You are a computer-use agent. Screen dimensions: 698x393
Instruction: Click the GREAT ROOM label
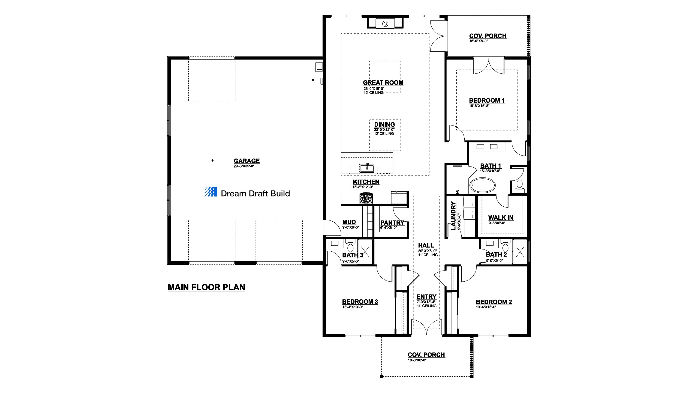pyautogui.click(x=383, y=82)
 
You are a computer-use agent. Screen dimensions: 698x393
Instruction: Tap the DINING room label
pyautogui.click(x=384, y=124)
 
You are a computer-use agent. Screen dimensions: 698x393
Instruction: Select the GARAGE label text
pyautogui.click(x=246, y=161)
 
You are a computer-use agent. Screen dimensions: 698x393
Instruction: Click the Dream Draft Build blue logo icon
pyautogui.click(x=211, y=192)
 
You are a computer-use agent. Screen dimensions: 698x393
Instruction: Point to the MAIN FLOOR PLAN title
pyautogui.click(x=206, y=287)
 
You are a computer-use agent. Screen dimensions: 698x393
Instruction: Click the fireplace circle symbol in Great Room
pyautogui.click(x=385, y=24)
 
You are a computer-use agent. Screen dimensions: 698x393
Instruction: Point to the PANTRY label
pyautogui.click(x=392, y=223)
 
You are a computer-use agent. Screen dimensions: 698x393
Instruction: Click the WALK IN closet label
pyautogui.click(x=501, y=218)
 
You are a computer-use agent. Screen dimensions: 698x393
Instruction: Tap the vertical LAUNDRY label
pyautogui.click(x=453, y=216)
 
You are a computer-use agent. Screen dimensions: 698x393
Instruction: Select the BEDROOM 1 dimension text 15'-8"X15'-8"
pyautogui.click(x=479, y=106)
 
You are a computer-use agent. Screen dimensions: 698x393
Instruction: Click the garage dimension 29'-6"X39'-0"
pyautogui.click(x=244, y=166)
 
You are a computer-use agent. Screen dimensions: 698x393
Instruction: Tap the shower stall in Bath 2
pyautogui.click(x=520, y=252)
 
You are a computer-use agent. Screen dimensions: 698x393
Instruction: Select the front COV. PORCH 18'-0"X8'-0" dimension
pyautogui.click(x=417, y=360)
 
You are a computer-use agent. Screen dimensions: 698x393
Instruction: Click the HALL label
pyautogui.click(x=426, y=245)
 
